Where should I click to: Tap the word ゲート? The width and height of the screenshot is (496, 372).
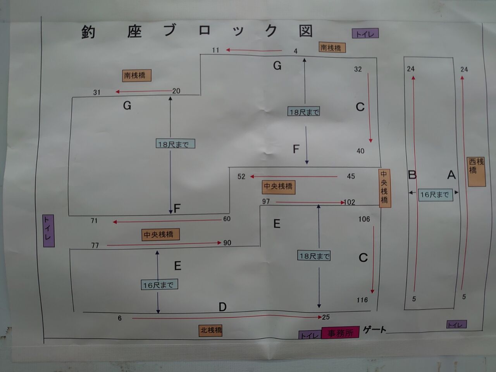point(374,330)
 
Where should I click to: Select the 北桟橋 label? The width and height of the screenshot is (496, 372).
point(211,331)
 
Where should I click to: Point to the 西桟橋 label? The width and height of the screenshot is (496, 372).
point(476,171)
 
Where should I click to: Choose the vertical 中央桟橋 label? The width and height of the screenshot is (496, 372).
point(384,188)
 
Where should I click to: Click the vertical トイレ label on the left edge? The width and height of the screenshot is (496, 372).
point(48,231)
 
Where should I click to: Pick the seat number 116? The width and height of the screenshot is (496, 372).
point(362,300)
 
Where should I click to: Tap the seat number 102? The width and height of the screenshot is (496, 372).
point(350,202)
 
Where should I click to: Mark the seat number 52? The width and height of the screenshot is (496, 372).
point(241,177)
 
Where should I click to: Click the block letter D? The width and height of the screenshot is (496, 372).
point(222,307)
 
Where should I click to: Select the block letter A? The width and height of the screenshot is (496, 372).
point(451,175)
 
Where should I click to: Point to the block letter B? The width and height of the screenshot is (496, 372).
point(412,175)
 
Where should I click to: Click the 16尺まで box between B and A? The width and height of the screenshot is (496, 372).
point(435,195)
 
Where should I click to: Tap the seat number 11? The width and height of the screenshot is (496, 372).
point(215,50)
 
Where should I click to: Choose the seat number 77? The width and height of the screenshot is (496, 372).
point(95,245)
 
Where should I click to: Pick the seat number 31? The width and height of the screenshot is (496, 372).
point(97,93)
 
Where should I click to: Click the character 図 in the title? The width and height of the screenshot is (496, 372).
point(306,31)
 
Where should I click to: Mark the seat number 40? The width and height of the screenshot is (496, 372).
point(360,151)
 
